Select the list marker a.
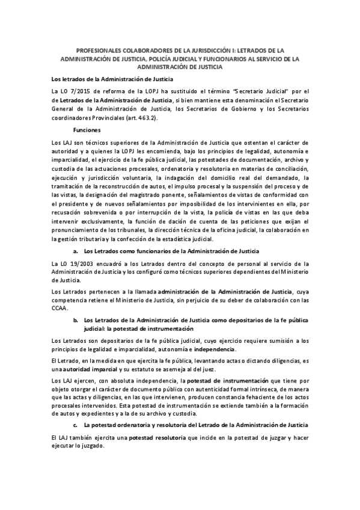(76, 250)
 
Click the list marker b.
(76, 321)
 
